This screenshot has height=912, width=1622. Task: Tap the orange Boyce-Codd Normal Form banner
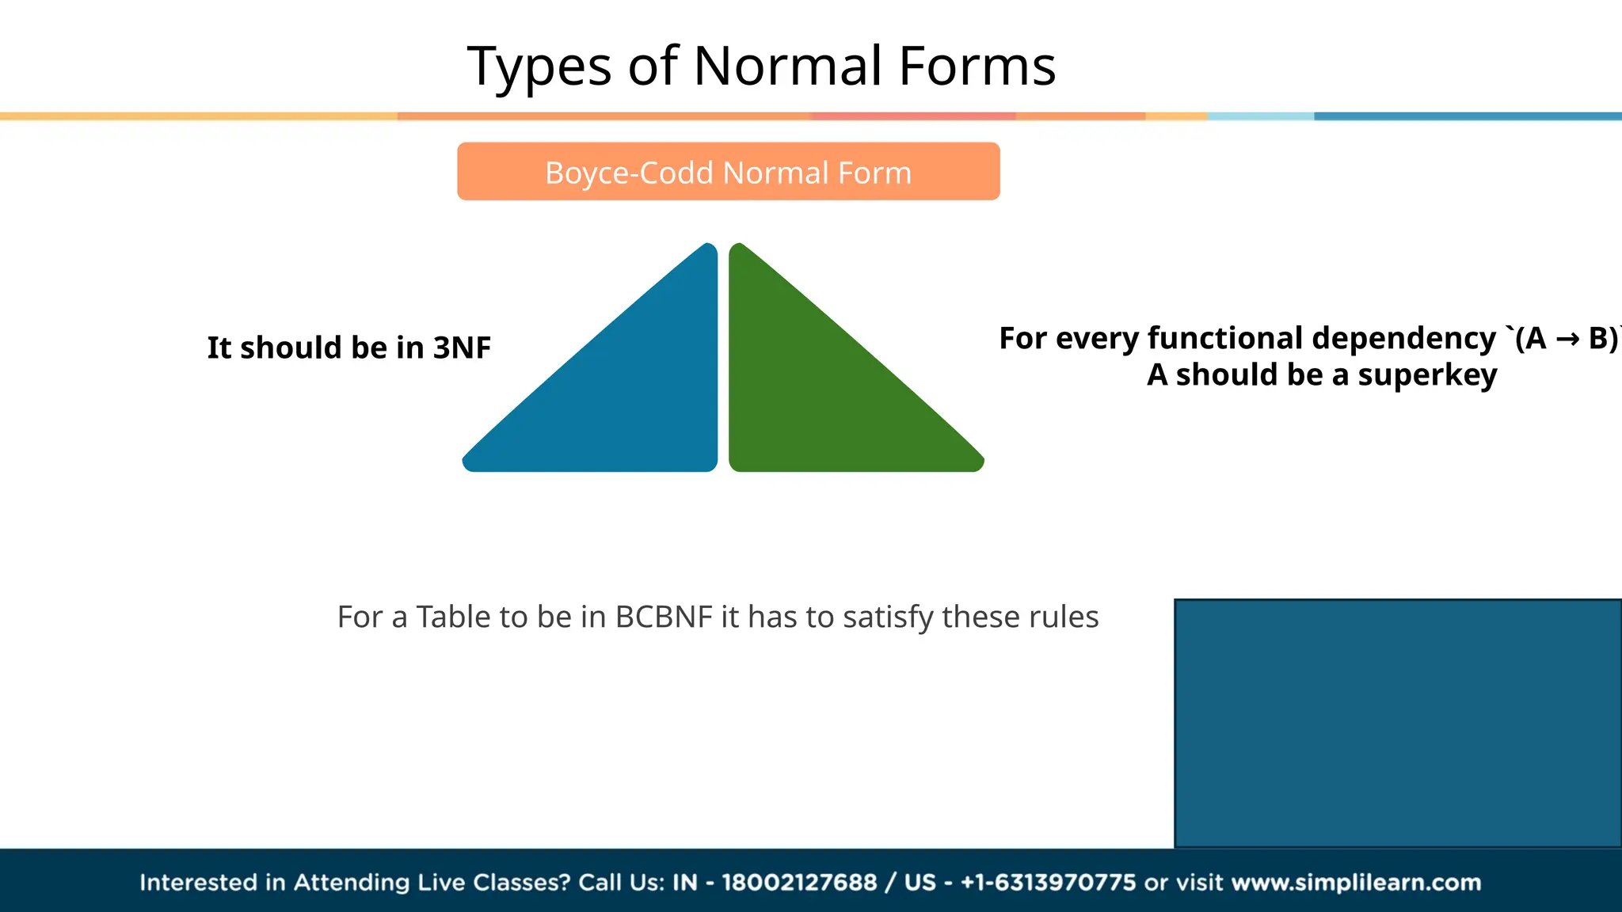coord(728,172)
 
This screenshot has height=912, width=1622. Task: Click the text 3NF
coord(462,348)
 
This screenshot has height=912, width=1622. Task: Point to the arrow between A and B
coord(1567,340)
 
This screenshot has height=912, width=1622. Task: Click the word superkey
coord(1427,375)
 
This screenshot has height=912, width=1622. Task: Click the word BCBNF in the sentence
coord(664,617)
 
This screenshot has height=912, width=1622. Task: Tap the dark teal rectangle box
coord(1398,723)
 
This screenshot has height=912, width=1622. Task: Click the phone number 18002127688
coord(799,882)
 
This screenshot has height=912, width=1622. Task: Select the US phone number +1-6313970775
coord(1048,882)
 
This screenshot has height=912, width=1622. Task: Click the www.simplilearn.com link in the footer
coord(1356,882)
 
